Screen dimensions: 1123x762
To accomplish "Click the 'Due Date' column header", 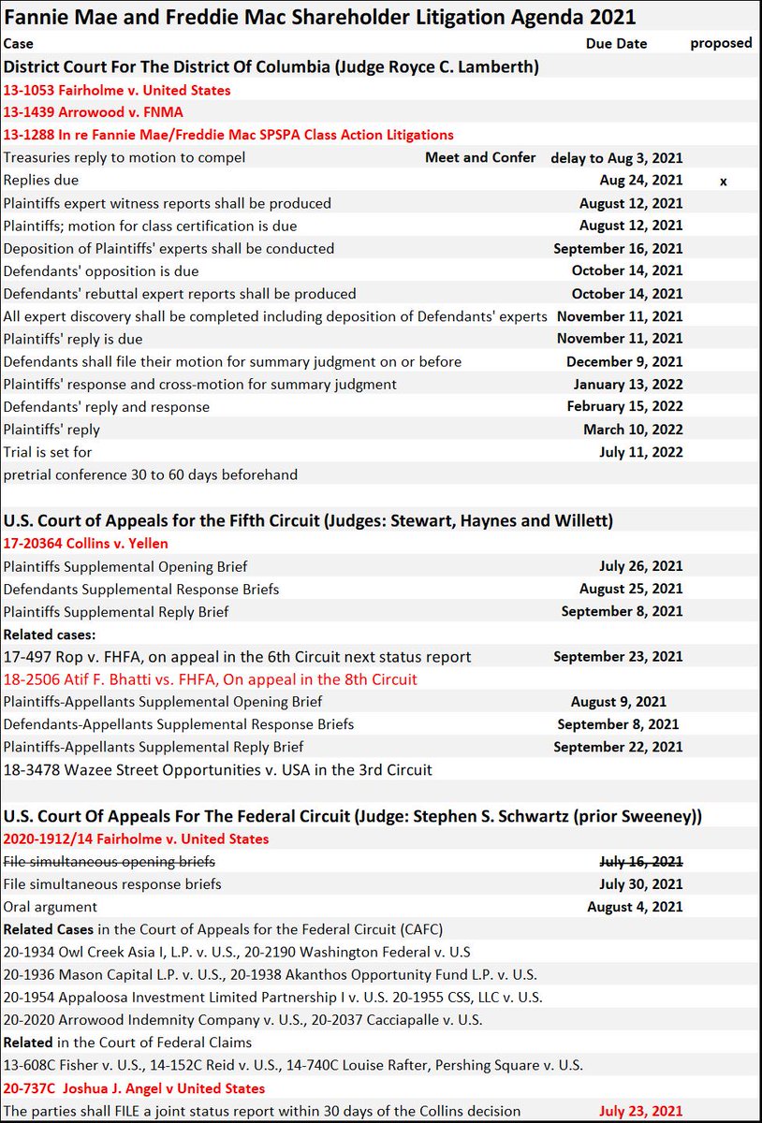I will coord(616,44).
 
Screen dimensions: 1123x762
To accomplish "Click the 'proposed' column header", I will coord(721,43).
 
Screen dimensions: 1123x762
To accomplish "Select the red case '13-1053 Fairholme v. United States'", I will coord(117,91).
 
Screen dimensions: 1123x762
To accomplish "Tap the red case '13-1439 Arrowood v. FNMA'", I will coord(93,112).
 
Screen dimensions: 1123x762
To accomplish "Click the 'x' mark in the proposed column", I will coord(723,181).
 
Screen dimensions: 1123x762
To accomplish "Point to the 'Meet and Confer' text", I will coord(480,157).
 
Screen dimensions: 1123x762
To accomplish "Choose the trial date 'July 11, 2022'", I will coord(640,452).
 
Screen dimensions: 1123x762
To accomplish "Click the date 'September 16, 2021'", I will coord(618,249).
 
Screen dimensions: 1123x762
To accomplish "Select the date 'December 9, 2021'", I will coord(624,361).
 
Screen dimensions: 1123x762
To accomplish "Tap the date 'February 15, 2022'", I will coord(624,407).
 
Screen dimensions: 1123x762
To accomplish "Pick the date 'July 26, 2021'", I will coord(640,566).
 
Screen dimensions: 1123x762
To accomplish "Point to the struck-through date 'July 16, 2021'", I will coord(640,861).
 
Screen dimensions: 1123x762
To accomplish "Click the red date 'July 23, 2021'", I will coord(640,1112).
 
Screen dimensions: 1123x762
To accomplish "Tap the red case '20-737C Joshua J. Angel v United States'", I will coord(134,1088).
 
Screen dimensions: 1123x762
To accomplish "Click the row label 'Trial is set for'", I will coord(48,452).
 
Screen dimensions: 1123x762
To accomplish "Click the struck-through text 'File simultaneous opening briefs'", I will coord(110,861).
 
